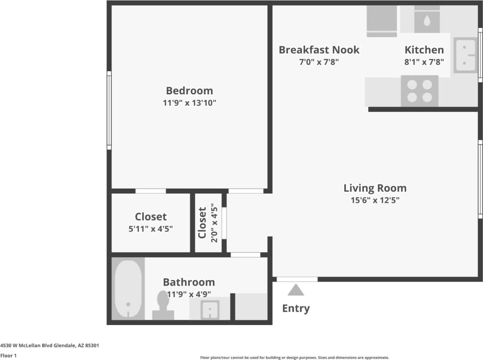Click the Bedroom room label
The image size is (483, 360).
[189, 91]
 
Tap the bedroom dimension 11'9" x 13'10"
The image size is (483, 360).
[189, 103]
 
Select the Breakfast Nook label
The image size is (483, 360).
[319, 50]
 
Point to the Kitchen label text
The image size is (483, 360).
[424, 50]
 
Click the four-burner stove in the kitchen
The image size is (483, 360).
[419, 91]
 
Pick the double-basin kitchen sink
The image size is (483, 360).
[465, 55]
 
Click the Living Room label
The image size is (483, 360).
[374, 188]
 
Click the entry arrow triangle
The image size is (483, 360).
[296, 290]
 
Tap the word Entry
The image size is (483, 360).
[296, 309]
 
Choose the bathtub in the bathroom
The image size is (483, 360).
[128, 289]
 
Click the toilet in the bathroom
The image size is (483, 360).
[163, 306]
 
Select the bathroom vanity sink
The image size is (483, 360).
[209, 309]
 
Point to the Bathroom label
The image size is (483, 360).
[188, 282]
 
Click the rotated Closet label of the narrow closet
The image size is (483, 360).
[202, 223]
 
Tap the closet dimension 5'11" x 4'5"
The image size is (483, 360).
[151, 229]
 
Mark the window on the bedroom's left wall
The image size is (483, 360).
[109, 110]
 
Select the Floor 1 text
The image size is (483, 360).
[8, 356]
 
